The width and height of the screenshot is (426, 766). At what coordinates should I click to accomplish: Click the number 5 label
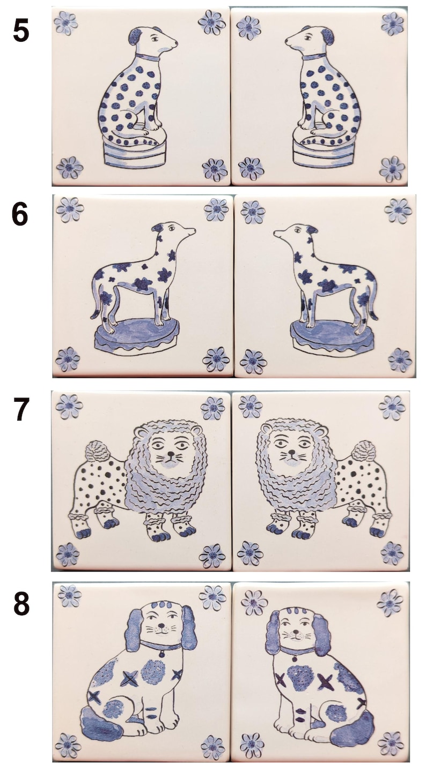[x=21, y=32]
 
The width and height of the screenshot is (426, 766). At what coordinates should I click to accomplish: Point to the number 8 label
[x=21, y=604]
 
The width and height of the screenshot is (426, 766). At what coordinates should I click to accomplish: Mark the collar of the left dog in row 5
[x=147, y=57]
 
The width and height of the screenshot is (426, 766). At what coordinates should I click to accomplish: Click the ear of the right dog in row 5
[x=327, y=36]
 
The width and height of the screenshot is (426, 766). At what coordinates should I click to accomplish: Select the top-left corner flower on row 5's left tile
[x=66, y=22]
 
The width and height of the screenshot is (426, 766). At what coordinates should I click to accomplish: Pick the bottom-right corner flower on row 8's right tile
[x=390, y=744]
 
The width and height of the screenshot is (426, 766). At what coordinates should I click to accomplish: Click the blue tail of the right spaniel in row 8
[x=351, y=727]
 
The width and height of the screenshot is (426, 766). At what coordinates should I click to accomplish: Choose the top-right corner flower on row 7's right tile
[x=392, y=408]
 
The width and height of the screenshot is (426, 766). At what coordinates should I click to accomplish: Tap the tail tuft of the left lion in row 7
[x=97, y=451]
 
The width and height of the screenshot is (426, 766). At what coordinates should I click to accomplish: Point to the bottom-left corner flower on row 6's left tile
[x=68, y=359]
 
